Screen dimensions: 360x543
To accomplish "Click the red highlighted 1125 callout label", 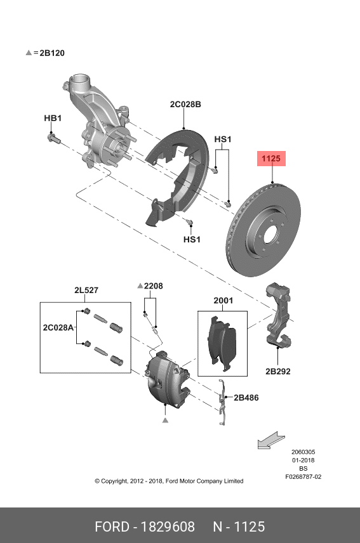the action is coord(271,159).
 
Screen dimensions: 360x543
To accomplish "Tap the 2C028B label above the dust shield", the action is coord(185,104).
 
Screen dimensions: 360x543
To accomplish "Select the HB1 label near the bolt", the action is coord(53,118).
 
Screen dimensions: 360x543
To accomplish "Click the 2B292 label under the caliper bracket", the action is coord(278,371).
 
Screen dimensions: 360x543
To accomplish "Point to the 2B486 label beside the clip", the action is coord(246,398).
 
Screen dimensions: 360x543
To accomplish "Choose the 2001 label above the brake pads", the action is coord(223,301).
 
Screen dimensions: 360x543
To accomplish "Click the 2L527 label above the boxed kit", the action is coord(86,290).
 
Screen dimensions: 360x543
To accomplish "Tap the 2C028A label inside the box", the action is coord(58,327).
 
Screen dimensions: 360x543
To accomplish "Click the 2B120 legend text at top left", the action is coord(52,53).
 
